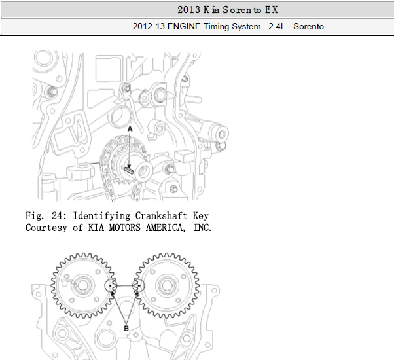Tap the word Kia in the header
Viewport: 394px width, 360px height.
tap(211, 10)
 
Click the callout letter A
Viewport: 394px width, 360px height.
tap(130, 129)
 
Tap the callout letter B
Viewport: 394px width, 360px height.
tap(126, 328)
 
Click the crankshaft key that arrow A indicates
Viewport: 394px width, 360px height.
tap(129, 170)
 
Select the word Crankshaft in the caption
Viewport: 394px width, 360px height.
tap(161, 216)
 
